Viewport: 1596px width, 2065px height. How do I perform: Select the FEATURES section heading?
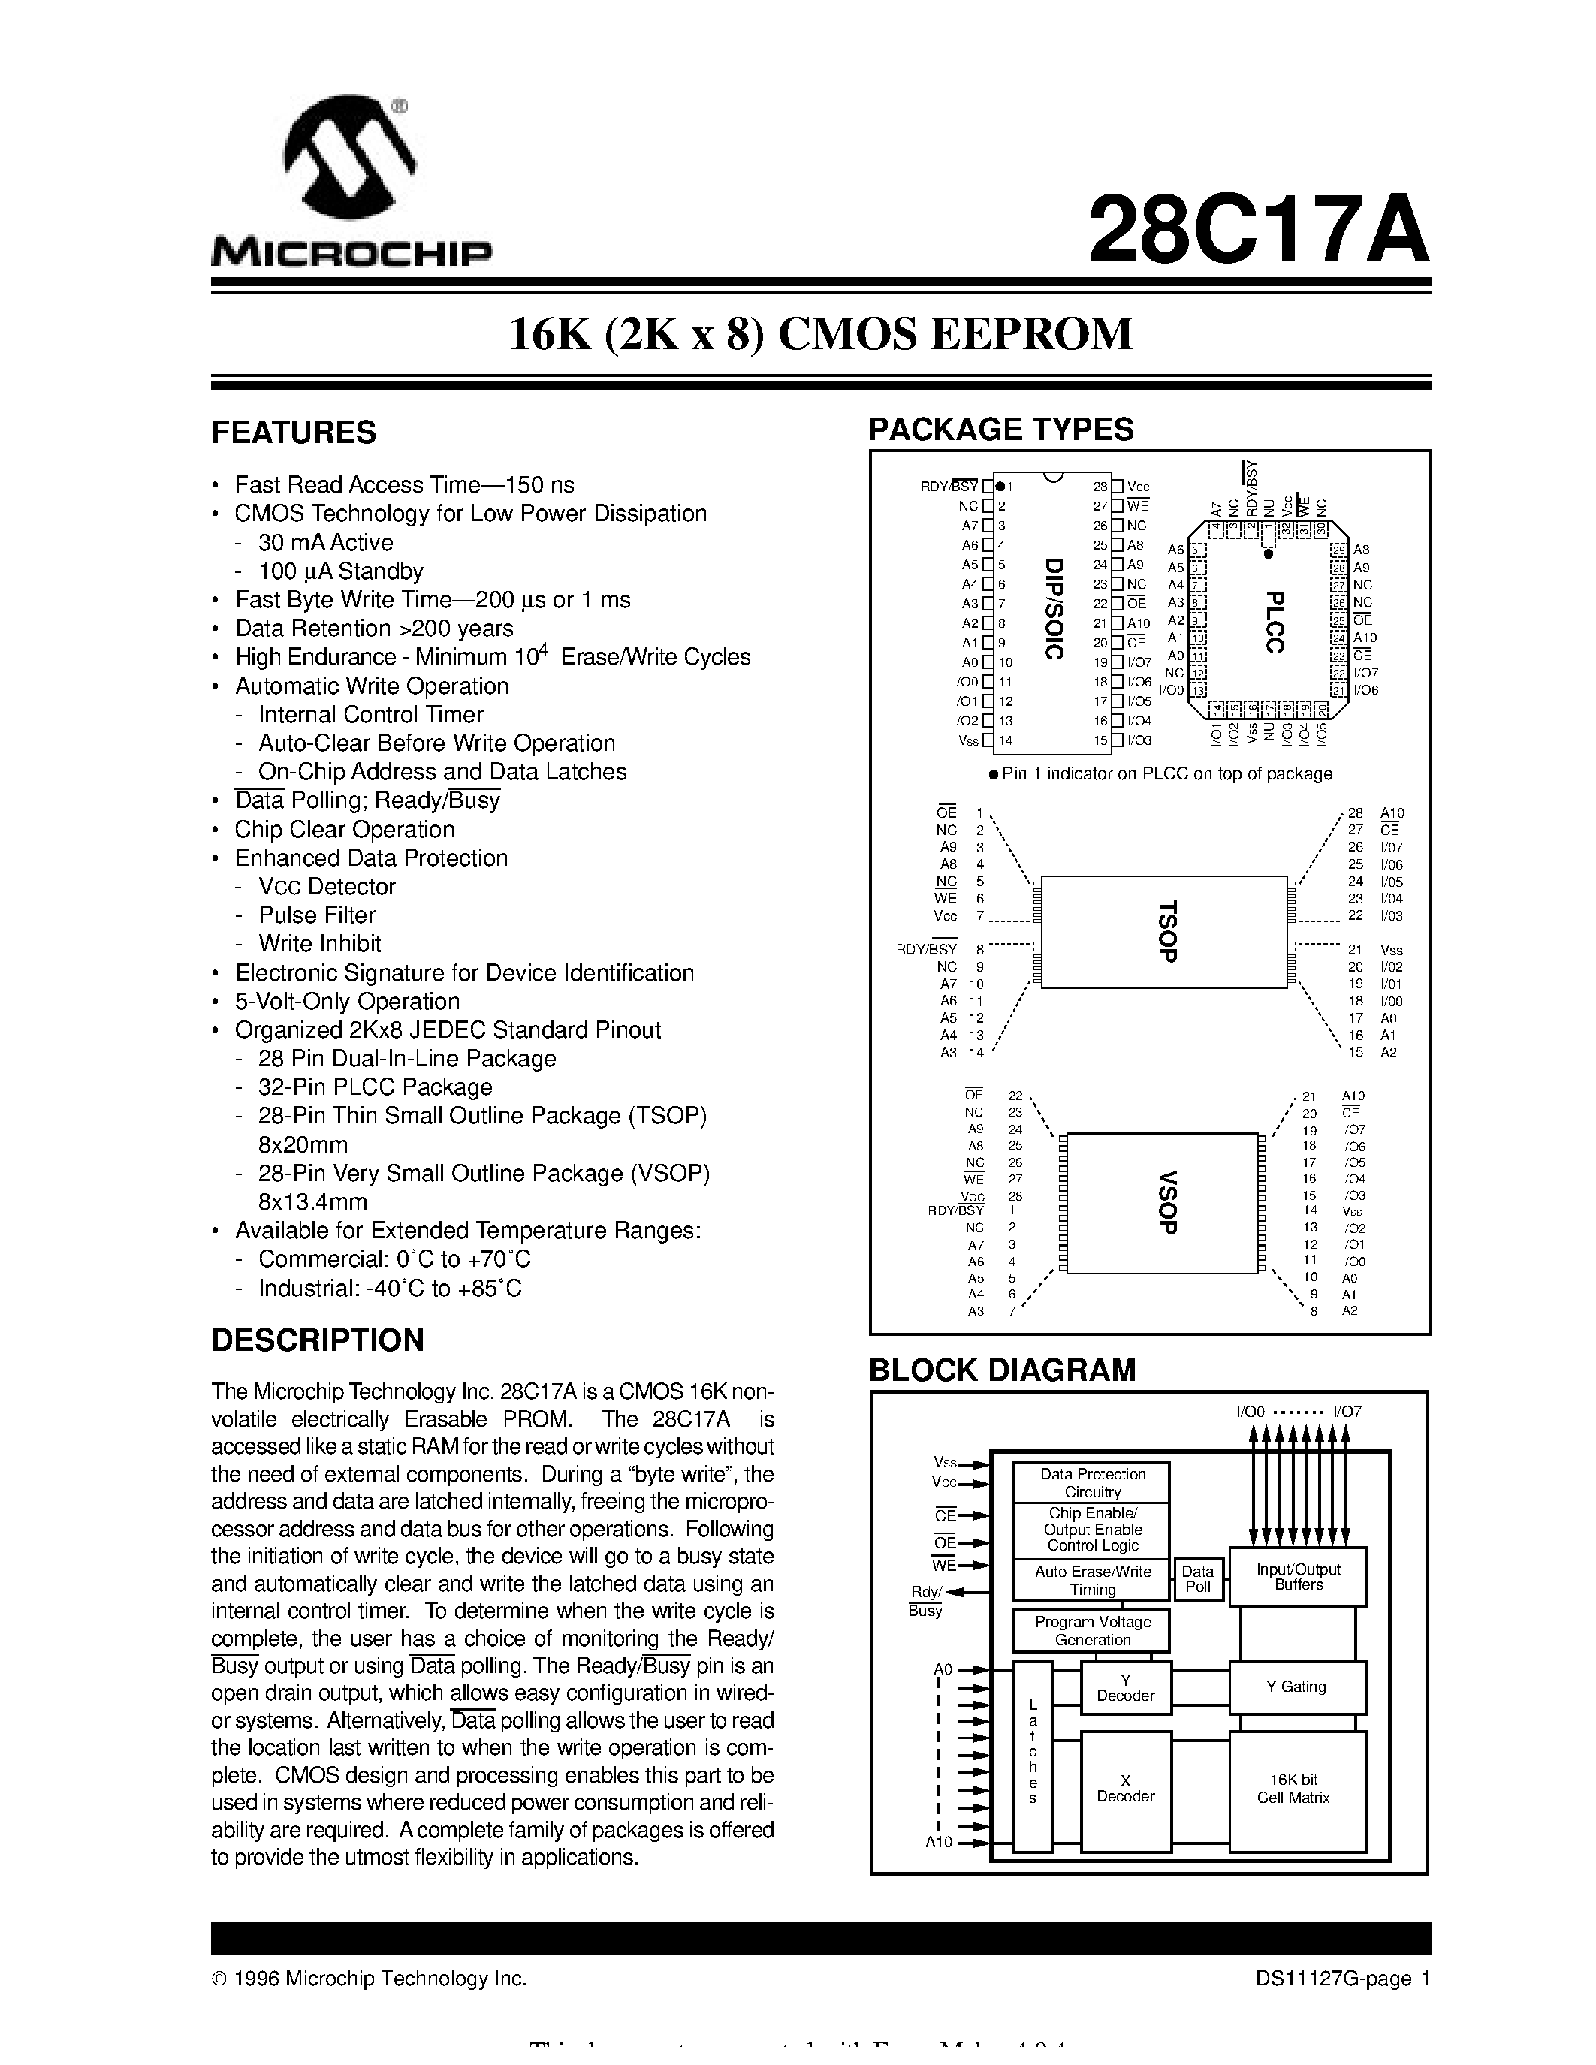click(293, 432)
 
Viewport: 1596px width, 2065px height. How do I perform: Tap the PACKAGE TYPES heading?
click(1000, 430)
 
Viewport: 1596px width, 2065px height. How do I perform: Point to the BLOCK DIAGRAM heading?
click(1002, 1370)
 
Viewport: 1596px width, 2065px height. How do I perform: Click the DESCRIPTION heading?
click(318, 1340)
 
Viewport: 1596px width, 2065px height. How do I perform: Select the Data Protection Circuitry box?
click(1092, 1482)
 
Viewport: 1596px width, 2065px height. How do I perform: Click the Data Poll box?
click(1197, 1579)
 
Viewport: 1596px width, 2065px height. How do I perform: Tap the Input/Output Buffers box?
click(1297, 1576)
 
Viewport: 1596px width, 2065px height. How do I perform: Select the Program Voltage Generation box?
click(1092, 1631)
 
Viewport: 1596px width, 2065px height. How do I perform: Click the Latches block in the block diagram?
click(1033, 1755)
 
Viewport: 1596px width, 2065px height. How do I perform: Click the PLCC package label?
click(1275, 621)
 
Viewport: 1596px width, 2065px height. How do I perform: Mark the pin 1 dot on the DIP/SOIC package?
click(1000, 486)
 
